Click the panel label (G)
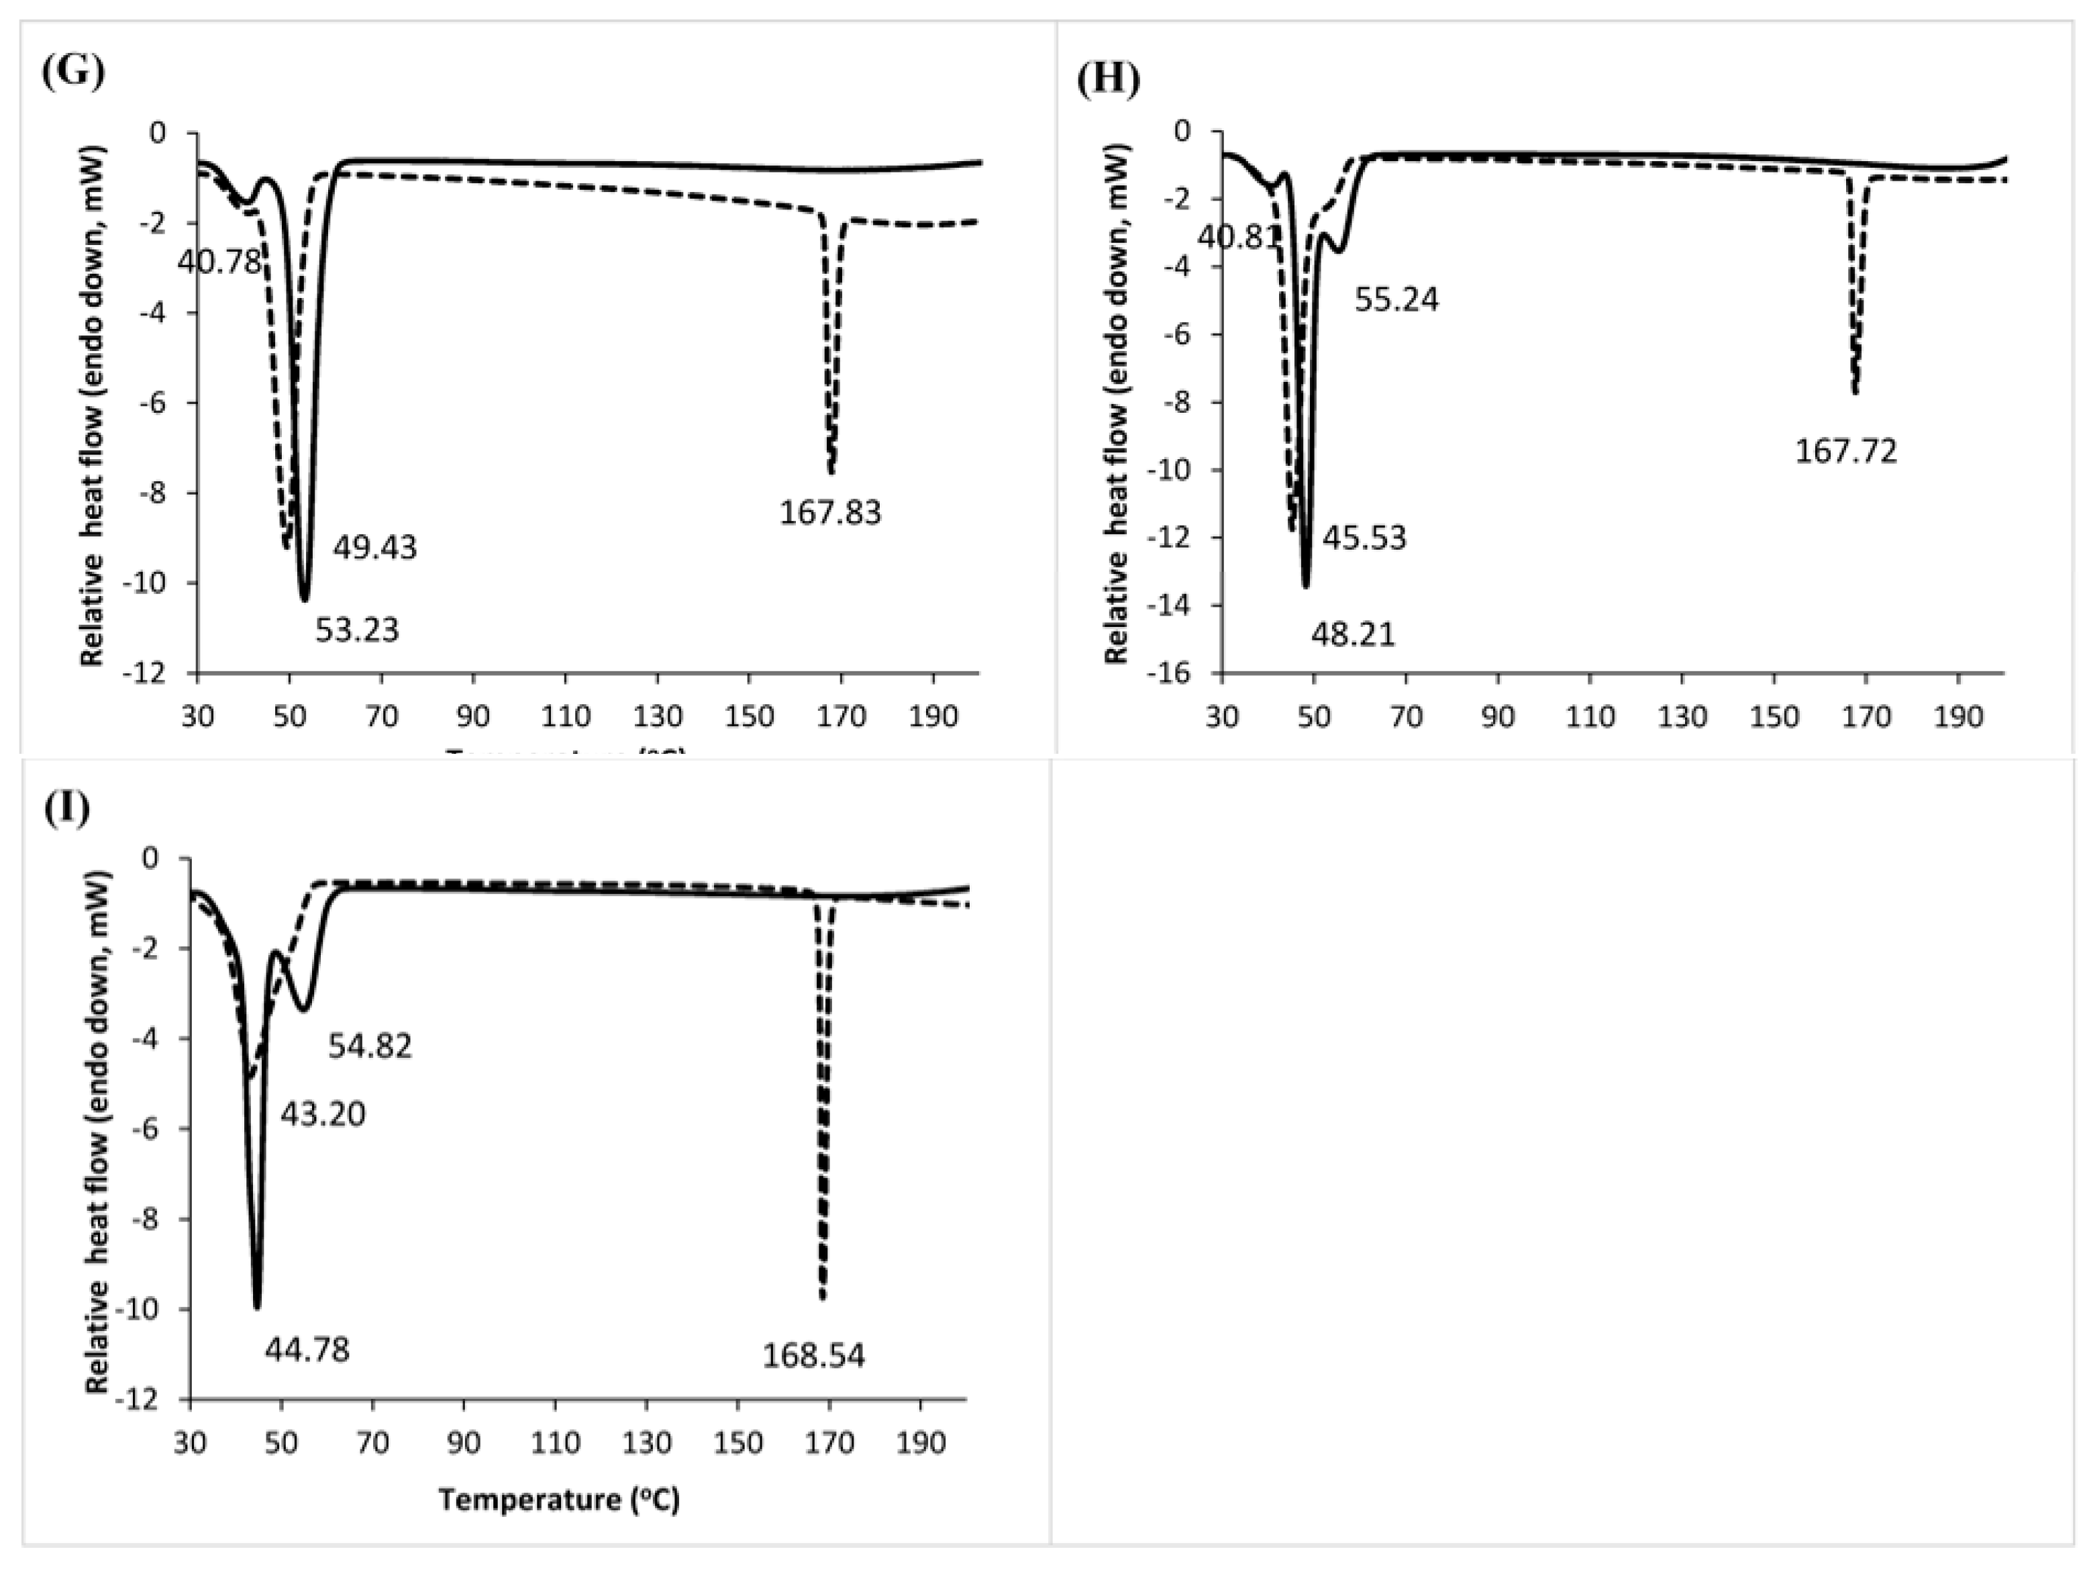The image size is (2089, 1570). pos(72,72)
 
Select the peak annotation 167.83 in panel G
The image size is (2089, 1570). pos(829,513)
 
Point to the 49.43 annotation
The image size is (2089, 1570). pos(374,548)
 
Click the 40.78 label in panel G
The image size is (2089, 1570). pos(218,262)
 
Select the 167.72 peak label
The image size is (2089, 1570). pos(1845,452)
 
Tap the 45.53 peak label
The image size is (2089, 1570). pos(1364,538)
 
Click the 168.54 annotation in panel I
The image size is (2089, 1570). pos(813,1357)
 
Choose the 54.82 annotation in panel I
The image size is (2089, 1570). pos(370,1046)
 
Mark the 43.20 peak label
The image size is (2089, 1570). pos(322,1115)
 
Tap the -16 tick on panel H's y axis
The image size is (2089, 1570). pos(1180,673)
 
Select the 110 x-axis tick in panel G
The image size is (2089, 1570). pos(565,717)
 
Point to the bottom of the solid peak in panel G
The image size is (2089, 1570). pos(304,599)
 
